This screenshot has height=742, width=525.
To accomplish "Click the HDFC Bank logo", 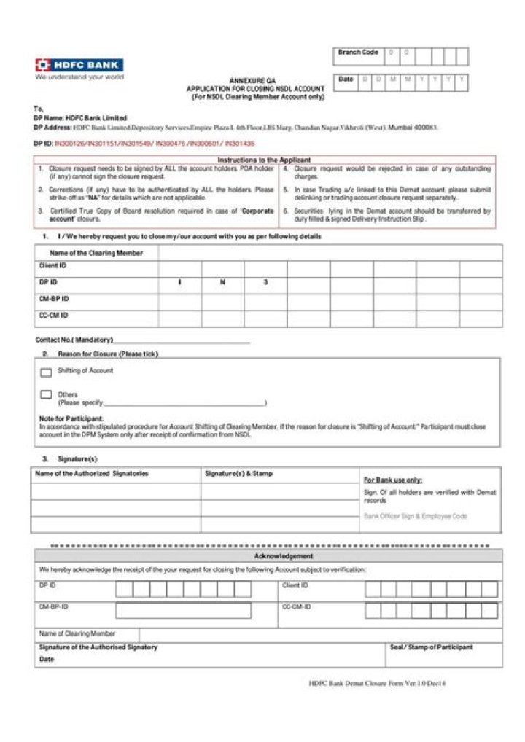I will tap(79, 65).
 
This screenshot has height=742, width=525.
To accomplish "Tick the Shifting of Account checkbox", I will tap(46, 372).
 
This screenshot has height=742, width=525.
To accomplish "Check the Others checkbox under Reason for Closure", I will tap(46, 394).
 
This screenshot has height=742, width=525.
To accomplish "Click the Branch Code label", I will tap(358, 52).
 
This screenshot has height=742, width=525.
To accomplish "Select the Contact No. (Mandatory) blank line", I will tap(182, 340).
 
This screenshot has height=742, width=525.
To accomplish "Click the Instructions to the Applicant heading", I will tap(264, 160).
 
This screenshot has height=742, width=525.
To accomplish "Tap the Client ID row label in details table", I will tap(52, 266).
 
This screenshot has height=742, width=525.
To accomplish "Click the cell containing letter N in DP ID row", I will tap(222, 282).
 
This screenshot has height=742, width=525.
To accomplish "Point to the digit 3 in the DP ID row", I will tap(265, 282).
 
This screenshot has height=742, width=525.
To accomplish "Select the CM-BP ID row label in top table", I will tap(54, 299).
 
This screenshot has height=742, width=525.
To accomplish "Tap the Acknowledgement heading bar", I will tap(268, 556).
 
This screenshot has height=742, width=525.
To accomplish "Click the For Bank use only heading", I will tap(393, 480).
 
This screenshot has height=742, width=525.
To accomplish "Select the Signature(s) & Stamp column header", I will tap(238, 474).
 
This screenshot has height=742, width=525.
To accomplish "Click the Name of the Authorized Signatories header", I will tap(92, 474).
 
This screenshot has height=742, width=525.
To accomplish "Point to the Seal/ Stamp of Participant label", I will tap(431, 647).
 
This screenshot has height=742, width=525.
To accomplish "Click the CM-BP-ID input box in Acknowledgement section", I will tap(193, 611).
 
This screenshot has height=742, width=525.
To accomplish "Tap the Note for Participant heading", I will tap(71, 418).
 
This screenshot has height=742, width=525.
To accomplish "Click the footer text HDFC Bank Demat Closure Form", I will tap(376, 684).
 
